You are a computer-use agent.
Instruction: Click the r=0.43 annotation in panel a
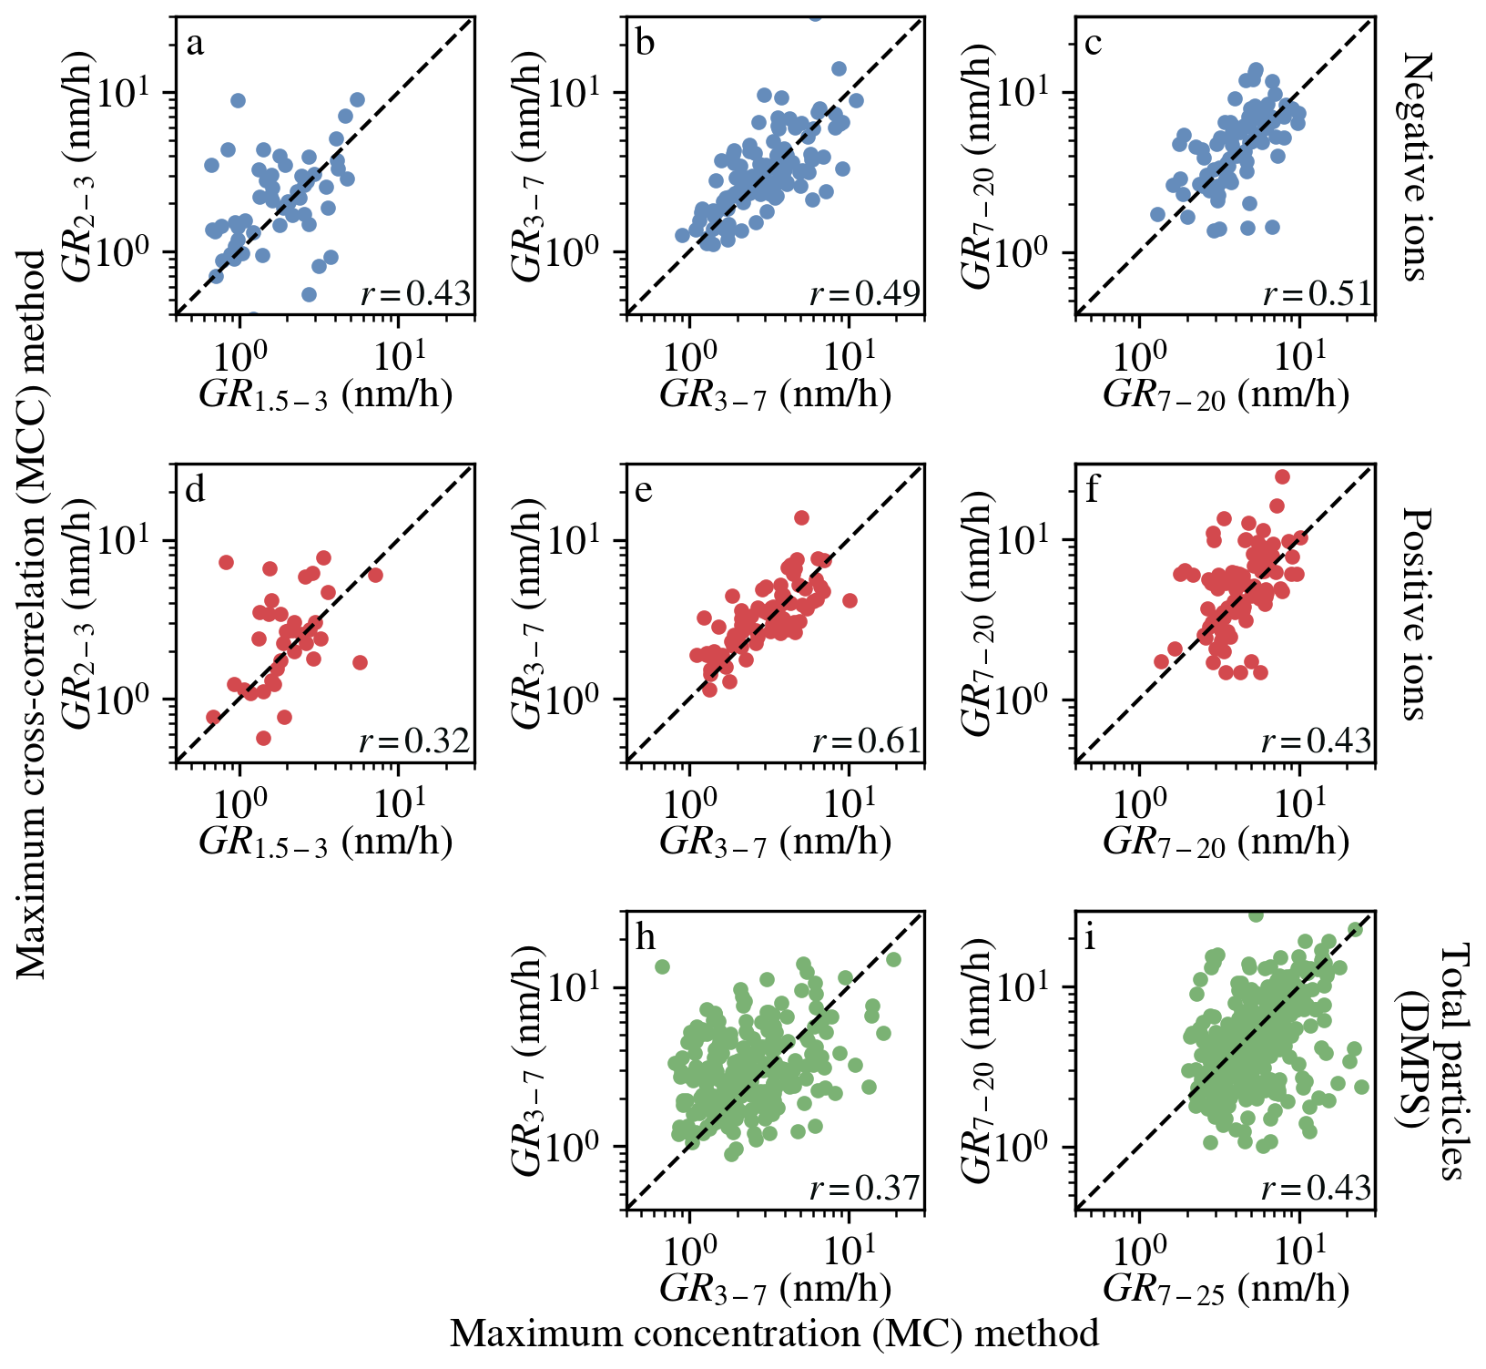415,293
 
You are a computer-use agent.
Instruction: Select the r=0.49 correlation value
865,293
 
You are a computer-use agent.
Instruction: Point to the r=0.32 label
414,741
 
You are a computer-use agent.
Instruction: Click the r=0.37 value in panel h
865,1188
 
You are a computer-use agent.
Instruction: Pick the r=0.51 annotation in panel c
1317,293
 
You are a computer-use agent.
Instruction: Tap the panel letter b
646,43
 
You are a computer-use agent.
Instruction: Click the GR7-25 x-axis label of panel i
1226,1288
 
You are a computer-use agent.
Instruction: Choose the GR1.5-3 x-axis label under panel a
325,394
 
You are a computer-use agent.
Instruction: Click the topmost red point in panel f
1282,476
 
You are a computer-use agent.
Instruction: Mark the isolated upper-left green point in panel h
662,966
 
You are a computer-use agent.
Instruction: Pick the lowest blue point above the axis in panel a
309,294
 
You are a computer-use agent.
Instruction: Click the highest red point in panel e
801,517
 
